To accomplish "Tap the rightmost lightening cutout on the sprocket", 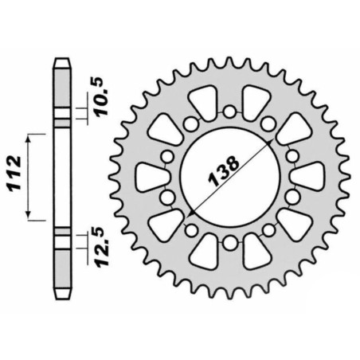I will pos(303,177).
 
